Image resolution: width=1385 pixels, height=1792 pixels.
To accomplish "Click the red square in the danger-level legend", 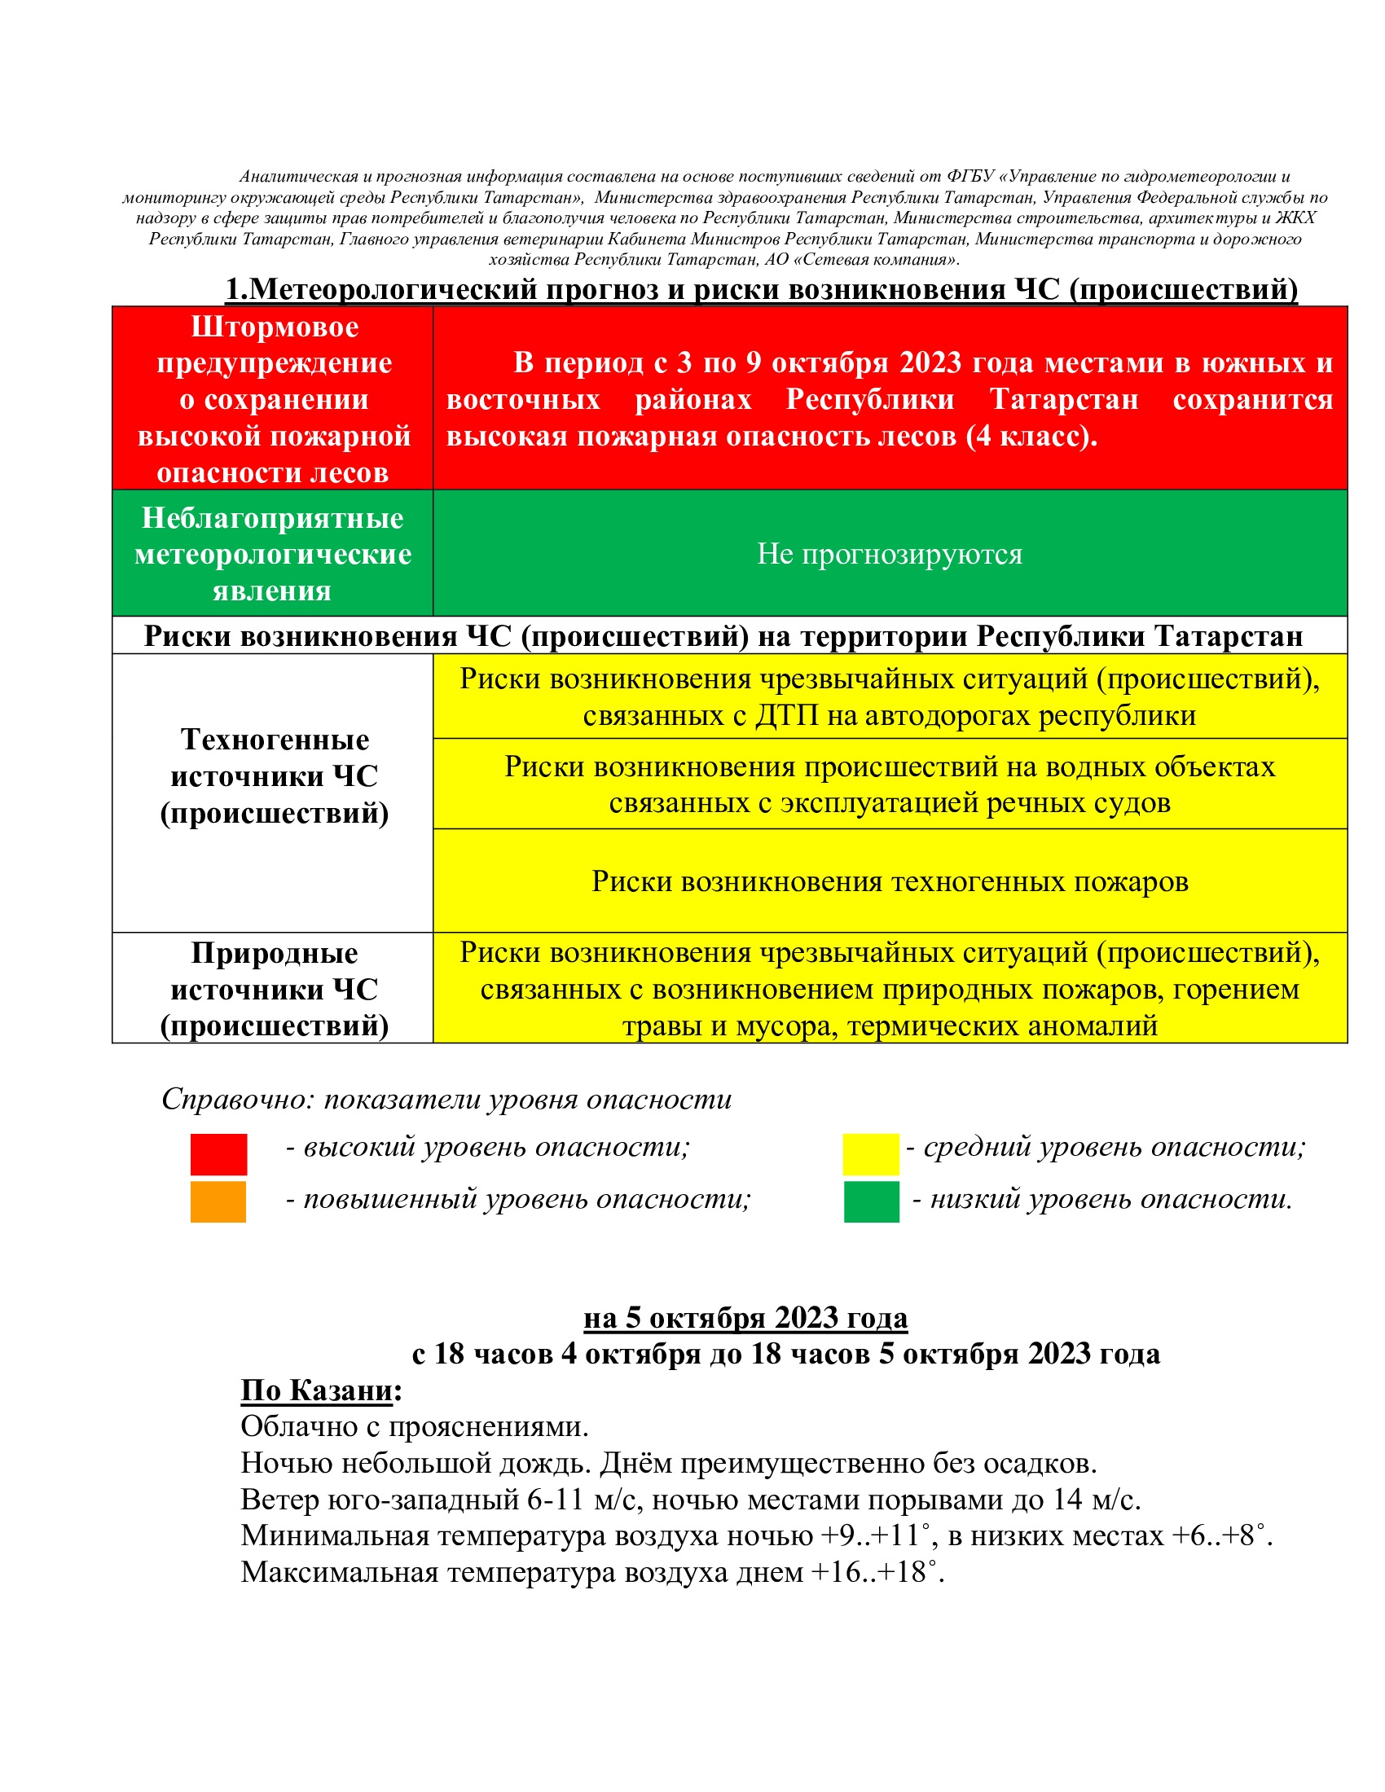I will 218,1153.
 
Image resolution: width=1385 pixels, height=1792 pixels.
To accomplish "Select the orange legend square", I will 218,1201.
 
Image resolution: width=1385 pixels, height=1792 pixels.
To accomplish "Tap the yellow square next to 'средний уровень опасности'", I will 871,1153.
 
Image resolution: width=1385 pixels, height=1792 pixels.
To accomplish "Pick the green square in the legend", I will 872,1201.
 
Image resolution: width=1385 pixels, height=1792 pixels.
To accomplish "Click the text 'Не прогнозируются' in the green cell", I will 890,554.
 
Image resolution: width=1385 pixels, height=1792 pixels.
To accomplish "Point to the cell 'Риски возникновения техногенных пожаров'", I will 890,881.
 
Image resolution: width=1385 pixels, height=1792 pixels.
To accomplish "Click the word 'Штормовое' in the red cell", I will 275,327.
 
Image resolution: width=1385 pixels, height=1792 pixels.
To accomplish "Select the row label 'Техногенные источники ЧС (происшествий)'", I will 274,776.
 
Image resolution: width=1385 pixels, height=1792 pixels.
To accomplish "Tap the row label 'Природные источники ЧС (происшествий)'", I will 274,989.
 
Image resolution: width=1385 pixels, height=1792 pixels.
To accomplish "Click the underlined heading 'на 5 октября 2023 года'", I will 745,1318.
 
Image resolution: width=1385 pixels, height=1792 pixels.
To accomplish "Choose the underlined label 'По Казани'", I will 317,1390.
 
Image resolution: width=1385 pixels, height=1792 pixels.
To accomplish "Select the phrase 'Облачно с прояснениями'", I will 414,1427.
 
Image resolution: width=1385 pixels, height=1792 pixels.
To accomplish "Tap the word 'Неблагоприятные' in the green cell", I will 272,518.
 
